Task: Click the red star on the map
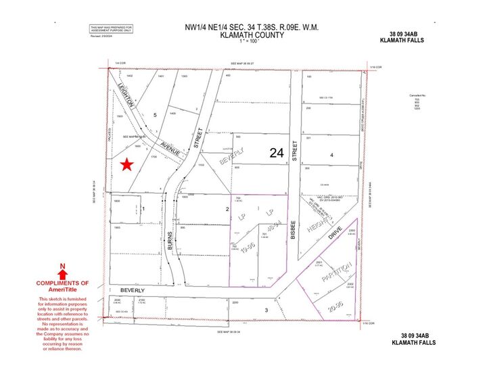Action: click(x=126, y=164)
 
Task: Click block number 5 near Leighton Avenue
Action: click(x=155, y=115)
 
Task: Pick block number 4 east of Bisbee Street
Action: click(x=331, y=156)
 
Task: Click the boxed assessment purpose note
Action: click(x=111, y=29)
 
